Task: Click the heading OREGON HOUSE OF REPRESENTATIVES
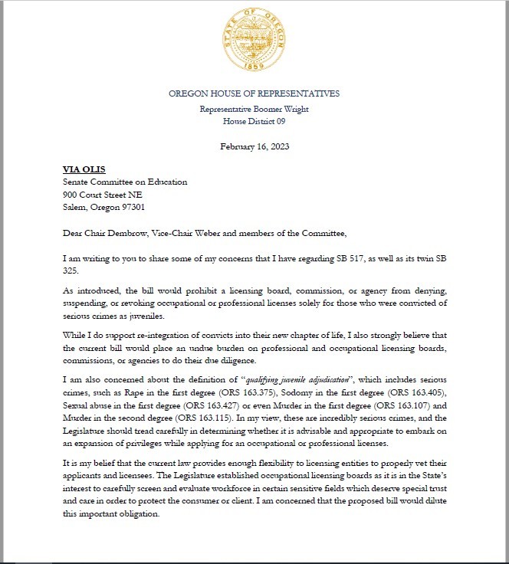click(x=254, y=93)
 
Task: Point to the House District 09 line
click(x=254, y=121)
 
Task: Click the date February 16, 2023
click(x=254, y=146)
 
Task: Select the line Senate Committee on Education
click(x=124, y=182)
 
